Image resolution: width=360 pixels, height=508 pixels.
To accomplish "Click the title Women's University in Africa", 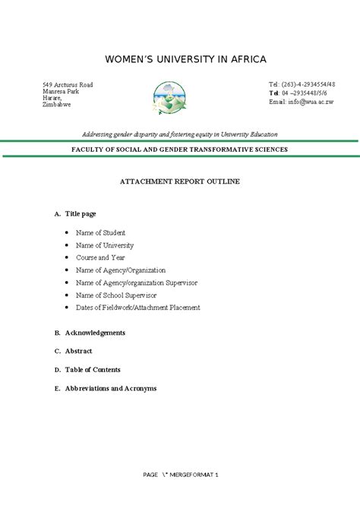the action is [180, 59].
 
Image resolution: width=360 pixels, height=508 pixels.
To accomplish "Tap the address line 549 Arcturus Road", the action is [68, 84].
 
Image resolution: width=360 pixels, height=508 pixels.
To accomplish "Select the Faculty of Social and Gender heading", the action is [179, 150].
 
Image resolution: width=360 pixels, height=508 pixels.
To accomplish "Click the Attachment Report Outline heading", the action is [180, 182].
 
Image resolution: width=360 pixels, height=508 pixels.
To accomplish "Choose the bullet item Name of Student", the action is [100, 232].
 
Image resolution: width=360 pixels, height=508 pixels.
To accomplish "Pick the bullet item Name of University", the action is [104, 245].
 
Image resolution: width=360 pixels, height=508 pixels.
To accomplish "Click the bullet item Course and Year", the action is [101, 257].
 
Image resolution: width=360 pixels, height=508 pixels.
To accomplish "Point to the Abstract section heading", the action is [78, 351].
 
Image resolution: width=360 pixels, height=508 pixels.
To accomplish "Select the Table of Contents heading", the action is [92, 370].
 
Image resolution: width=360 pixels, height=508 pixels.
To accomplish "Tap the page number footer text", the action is [180, 475].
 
